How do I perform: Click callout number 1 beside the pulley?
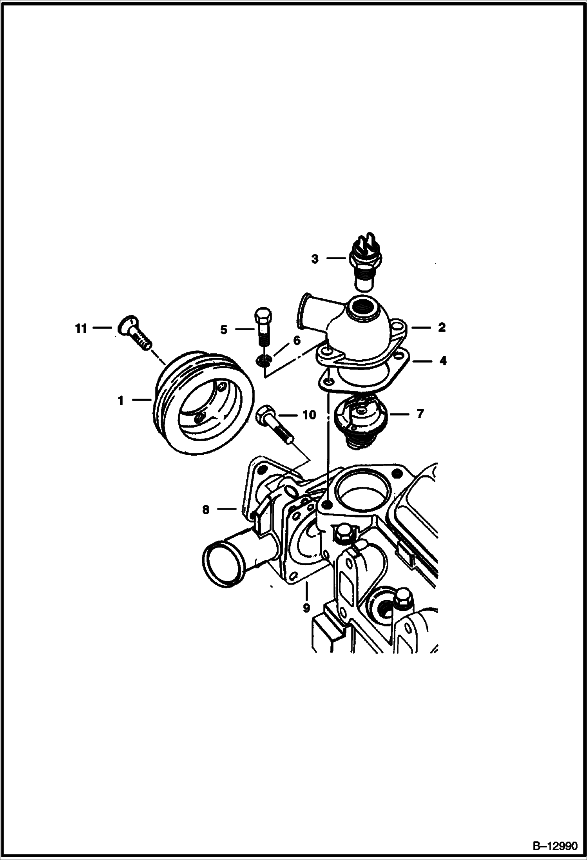coord(121,401)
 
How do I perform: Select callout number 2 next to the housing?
coord(442,327)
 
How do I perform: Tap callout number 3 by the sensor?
coord(315,259)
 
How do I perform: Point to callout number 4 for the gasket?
coord(443,361)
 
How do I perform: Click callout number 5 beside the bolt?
coord(224,330)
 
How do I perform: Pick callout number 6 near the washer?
coord(297,340)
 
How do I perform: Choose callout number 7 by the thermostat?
coord(420,414)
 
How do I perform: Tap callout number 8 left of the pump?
coord(206,510)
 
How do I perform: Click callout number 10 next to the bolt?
coord(310,415)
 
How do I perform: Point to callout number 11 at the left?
coord(81,328)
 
